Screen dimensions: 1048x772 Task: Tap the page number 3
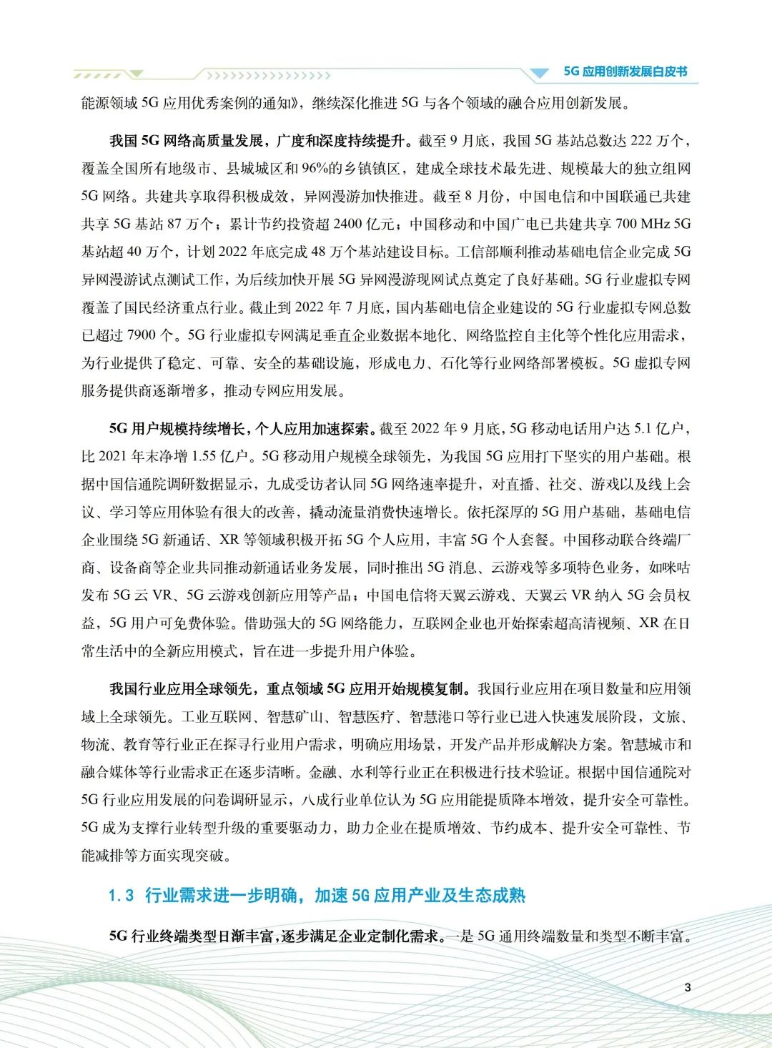point(688,987)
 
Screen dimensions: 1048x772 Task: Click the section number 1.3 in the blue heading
point(121,896)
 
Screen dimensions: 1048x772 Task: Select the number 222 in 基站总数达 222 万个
point(641,141)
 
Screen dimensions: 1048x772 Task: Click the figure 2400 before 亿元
point(348,224)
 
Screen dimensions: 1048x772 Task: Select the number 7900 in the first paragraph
point(142,335)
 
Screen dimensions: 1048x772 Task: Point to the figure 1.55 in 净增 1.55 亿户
point(204,457)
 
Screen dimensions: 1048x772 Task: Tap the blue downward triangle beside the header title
point(538,73)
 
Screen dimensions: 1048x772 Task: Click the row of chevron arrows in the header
point(268,75)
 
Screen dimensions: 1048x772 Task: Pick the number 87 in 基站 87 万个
point(174,224)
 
